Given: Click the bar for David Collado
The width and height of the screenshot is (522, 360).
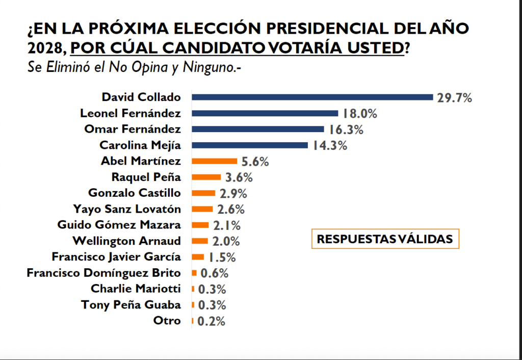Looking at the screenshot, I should (312, 97).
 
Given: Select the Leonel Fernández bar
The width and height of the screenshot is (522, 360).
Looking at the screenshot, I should (265, 113).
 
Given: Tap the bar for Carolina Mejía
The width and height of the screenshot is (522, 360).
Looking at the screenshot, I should (250, 145).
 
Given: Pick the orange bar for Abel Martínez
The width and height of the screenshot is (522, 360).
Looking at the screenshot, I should (215, 161).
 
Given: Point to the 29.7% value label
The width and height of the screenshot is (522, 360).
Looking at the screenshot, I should (454, 97).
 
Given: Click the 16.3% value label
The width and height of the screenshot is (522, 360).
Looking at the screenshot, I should (346, 130).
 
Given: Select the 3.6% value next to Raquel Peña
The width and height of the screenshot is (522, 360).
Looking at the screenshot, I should (239, 177).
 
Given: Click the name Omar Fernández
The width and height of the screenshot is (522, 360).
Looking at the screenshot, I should (132, 129).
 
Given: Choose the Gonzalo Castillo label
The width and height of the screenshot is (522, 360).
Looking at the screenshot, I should (134, 193).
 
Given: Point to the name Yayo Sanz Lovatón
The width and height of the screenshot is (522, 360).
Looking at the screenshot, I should (127, 209).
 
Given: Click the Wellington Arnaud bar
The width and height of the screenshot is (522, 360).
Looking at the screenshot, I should (200, 241).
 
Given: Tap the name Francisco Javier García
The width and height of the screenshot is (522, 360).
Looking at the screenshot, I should (116, 256).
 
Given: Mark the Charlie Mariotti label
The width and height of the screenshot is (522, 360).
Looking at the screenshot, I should (136, 289).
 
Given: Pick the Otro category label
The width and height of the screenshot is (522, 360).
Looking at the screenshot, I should (167, 321).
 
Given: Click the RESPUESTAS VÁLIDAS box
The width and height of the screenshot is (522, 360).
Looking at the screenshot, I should (385, 239).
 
